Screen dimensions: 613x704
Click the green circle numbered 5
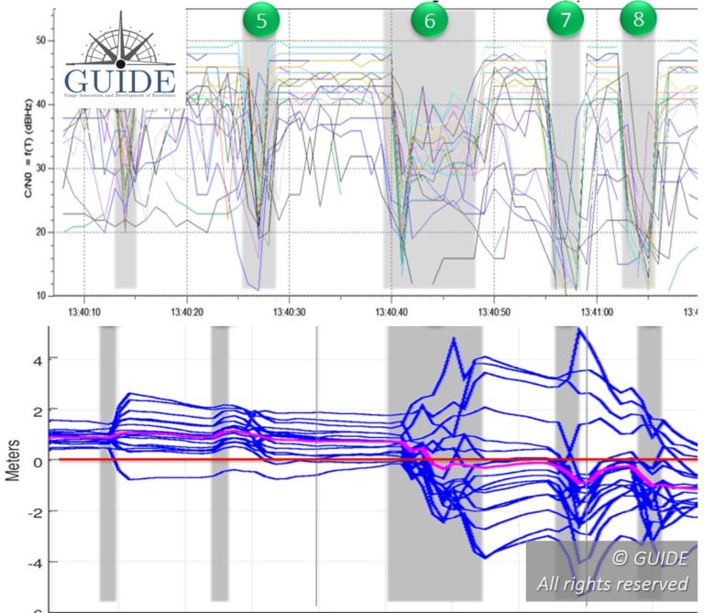[x=261, y=21]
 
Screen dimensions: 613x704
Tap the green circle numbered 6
[x=430, y=21]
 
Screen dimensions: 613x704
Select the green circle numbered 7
[x=565, y=19]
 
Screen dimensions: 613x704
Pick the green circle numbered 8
[x=638, y=19]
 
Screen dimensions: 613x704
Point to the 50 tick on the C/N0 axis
[x=39, y=41]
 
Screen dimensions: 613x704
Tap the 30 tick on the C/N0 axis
[x=39, y=169]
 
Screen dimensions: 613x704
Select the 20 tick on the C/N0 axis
[x=39, y=232]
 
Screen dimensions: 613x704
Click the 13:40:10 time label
[x=84, y=310]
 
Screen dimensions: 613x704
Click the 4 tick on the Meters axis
[x=38, y=359]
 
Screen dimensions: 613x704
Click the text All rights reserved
[x=612, y=584]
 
